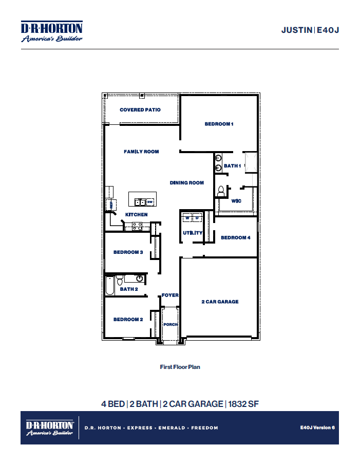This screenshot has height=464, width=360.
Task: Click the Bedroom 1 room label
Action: (219, 124)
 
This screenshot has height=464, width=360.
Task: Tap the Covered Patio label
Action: (140, 109)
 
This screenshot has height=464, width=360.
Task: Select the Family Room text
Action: (141, 152)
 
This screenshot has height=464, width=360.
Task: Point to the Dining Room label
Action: (187, 182)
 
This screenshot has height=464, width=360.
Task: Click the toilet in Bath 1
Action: (221, 191)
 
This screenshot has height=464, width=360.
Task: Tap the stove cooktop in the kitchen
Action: (137, 225)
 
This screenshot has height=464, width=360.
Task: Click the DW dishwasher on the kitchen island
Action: (150, 202)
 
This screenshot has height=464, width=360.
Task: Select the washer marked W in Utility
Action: (187, 218)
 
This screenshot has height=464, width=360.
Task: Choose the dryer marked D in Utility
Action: (197, 218)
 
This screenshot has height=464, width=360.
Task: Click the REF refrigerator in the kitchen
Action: (110, 205)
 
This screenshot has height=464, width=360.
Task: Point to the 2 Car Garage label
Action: (220, 302)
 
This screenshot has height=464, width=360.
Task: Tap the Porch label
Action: (170, 325)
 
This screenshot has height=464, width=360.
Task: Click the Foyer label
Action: (170, 295)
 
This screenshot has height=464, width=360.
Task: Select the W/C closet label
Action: (236, 201)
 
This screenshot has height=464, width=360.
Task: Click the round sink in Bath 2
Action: (139, 279)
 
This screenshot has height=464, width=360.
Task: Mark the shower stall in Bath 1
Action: (250, 162)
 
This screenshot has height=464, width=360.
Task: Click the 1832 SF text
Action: (243, 404)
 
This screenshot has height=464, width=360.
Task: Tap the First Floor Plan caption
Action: (180, 367)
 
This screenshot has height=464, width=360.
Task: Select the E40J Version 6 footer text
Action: (317, 428)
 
